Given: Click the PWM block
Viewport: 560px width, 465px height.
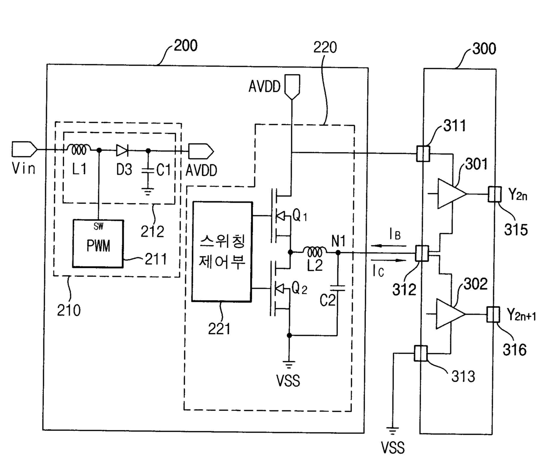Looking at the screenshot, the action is tap(98, 243).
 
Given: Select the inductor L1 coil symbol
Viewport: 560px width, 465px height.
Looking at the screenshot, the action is tap(78, 149).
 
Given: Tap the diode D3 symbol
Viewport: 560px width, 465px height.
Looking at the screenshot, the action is tap(122, 151).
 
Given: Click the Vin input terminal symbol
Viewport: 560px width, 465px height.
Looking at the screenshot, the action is tap(24, 149).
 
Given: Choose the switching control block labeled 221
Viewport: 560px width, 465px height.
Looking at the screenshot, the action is tap(222, 251).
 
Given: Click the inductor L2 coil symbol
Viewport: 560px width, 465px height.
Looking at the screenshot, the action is tap(315, 252).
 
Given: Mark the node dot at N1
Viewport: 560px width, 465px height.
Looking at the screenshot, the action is tap(338, 252).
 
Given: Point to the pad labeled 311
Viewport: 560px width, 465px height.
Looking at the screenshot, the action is tap(423, 153).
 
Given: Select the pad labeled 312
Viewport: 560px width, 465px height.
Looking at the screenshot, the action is tap(422, 253).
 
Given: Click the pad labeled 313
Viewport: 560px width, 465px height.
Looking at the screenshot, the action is tap(420, 353).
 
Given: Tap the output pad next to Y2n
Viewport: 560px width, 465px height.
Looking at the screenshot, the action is tap(495, 194).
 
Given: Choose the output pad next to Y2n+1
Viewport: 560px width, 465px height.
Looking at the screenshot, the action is tap(493, 314).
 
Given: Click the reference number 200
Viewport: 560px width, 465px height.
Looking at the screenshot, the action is tap(186, 46).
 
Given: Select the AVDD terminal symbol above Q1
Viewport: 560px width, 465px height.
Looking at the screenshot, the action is tap(292, 87).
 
